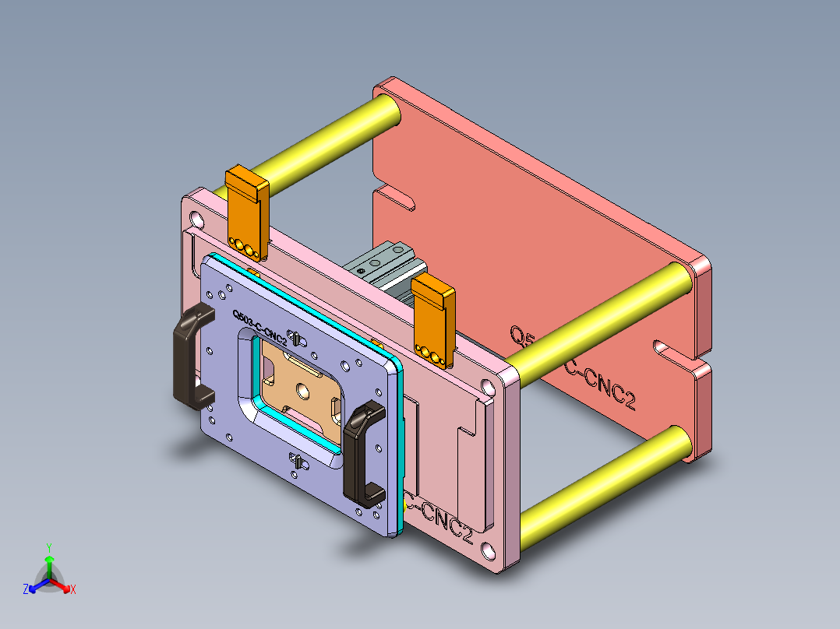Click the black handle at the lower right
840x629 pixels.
(x=359, y=452)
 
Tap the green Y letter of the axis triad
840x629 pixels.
(x=48, y=547)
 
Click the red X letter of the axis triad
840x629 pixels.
(x=72, y=590)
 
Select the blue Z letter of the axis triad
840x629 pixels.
(x=26, y=590)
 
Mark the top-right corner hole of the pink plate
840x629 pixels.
(x=488, y=387)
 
